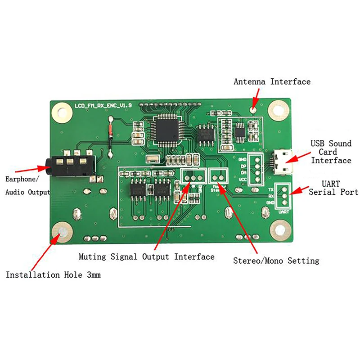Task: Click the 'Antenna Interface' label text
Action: pyautogui.click(x=272, y=81)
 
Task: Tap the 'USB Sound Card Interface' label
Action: pyautogui.click(x=331, y=152)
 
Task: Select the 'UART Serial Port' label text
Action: pyautogui.click(x=333, y=188)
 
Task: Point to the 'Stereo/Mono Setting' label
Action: pyautogui.click(x=276, y=261)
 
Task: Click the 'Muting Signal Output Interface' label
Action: pyautogui.click(x=146, y=257)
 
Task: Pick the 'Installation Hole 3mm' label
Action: pyautogui.click(x=53, y=274)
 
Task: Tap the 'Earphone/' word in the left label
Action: pyautogui.click(x=22, y=179)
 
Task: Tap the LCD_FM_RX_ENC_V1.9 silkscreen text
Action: pyautogui.click(x=103, y=105)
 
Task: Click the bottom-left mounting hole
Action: pyautogui.click(x=62, y=233)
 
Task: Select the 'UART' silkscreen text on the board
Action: pyautogui.click(x=283, y=211)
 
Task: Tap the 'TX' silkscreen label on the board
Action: pyautogui.click(x=271, y=190)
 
